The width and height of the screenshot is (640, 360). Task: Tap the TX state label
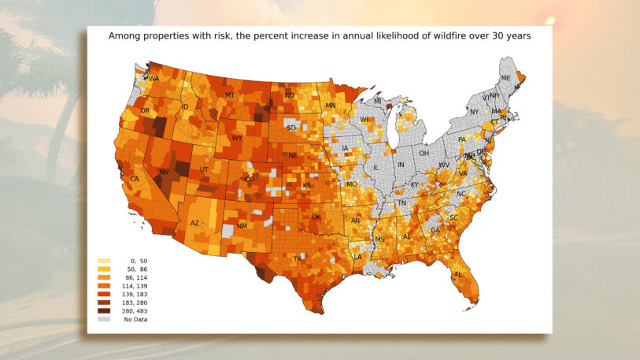point(298,258)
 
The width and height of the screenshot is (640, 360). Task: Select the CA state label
point(135,180)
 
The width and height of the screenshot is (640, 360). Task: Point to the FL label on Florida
point(458,275)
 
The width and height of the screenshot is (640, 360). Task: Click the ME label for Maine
point(506,78)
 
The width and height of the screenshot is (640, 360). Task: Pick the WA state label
point(154,79)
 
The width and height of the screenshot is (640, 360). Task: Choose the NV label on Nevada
point(165,172)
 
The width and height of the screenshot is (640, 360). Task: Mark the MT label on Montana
point(229,95)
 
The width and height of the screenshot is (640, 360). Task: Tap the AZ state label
point(195,223)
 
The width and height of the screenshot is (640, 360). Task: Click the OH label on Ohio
point(424,153)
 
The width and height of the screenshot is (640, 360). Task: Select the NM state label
point(242,226)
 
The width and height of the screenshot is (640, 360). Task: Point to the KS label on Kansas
point(306,186)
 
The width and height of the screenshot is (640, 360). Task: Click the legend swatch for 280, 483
point(104,311)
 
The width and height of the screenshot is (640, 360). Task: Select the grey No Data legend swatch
point(104,319)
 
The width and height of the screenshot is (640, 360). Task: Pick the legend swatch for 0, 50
point(104,261)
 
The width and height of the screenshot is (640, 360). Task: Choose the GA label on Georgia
point(435,230)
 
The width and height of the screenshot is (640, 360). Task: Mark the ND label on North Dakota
point(289,96)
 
